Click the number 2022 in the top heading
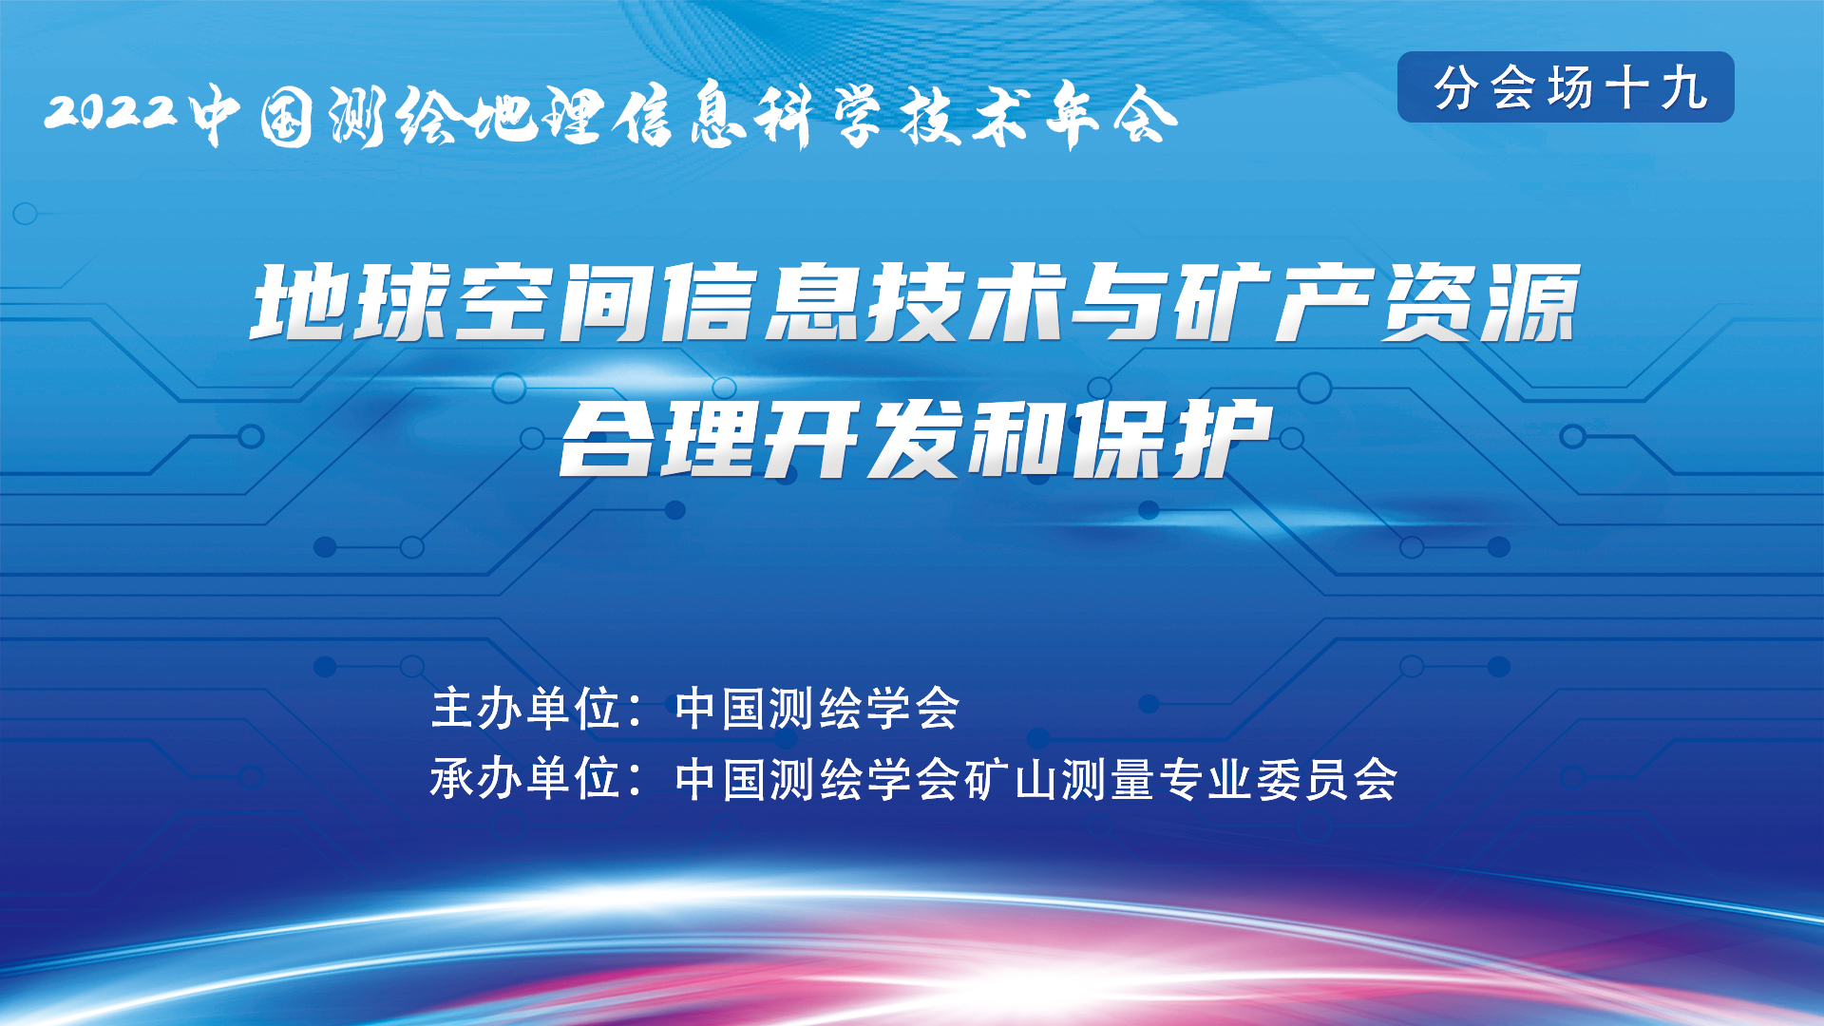[110, 112]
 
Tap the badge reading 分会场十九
[1566, 86]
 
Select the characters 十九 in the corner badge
[1656, 87]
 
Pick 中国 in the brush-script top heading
[252, 116]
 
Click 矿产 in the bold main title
[1273, 302]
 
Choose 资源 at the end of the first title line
[1478, 302]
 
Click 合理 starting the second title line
[658, 438]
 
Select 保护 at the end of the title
[1171, 438]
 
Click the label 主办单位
[526, 709]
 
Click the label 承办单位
[526, 779]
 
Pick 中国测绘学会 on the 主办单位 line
[817, 709]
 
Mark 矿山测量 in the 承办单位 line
[1058, 779]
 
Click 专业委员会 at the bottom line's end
[1278, 779]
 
